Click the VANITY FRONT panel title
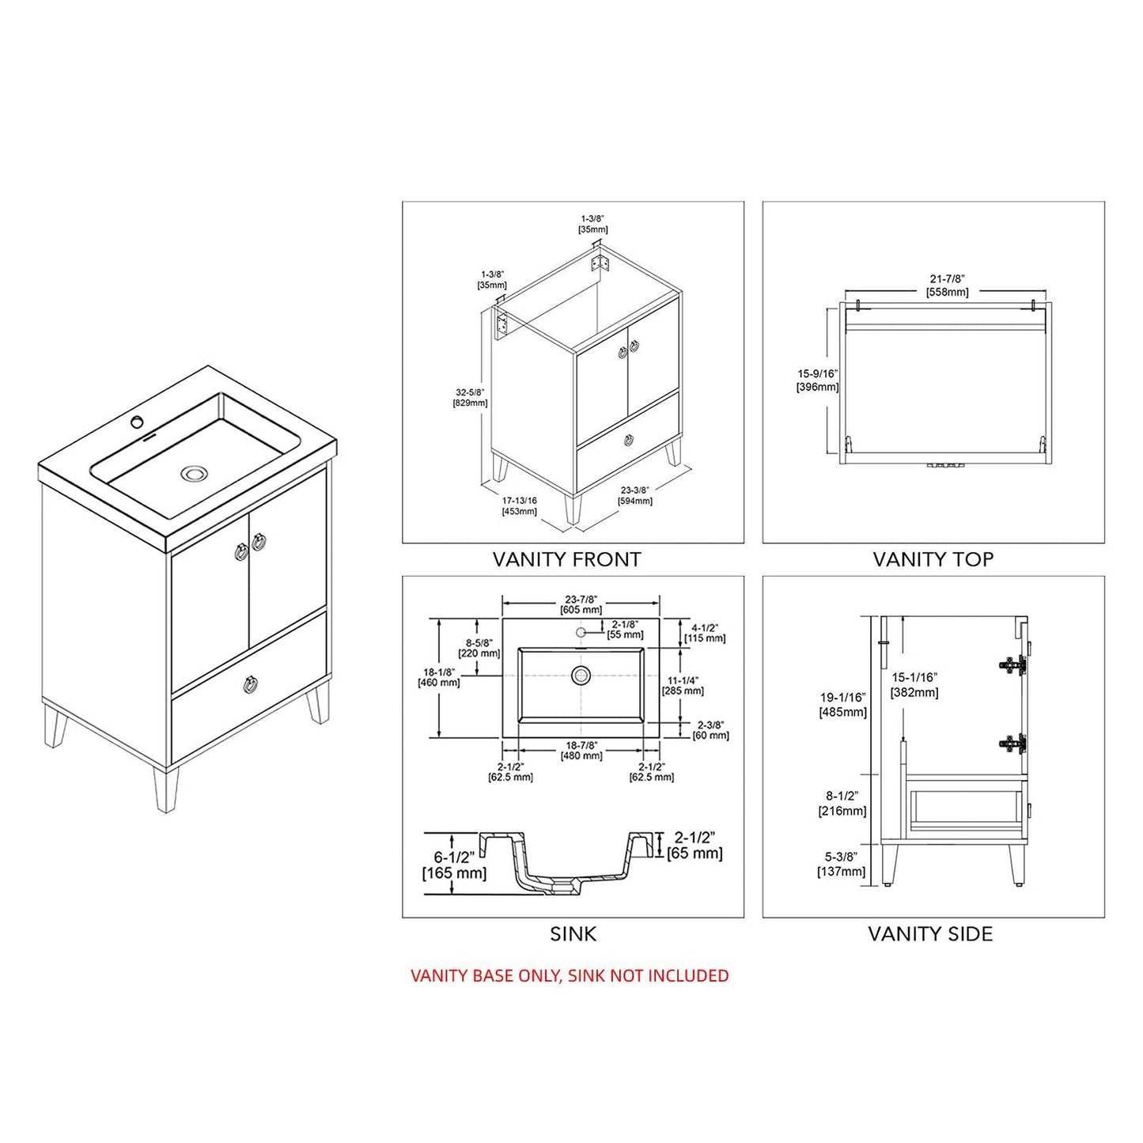point(566,559)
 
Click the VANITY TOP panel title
point(933,559)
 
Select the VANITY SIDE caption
point(929,934)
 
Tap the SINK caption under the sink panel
point(573,934)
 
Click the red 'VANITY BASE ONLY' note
point(570,976)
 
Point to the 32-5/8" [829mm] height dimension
point(470,398)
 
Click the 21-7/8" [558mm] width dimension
point(947,286)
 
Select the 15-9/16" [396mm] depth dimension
point(817,380)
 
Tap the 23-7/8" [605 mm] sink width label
point(581,604)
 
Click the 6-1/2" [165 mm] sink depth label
point(454,865)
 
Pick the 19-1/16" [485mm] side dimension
point(842,705)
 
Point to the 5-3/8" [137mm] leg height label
point(841,865)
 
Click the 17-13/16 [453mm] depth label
point(519,505)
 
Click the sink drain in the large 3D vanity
point(193,474)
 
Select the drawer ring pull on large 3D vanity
point(250,684)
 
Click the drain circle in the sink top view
point(581,676)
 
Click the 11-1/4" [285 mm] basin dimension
point(683,685)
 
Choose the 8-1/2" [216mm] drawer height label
point(842,804)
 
